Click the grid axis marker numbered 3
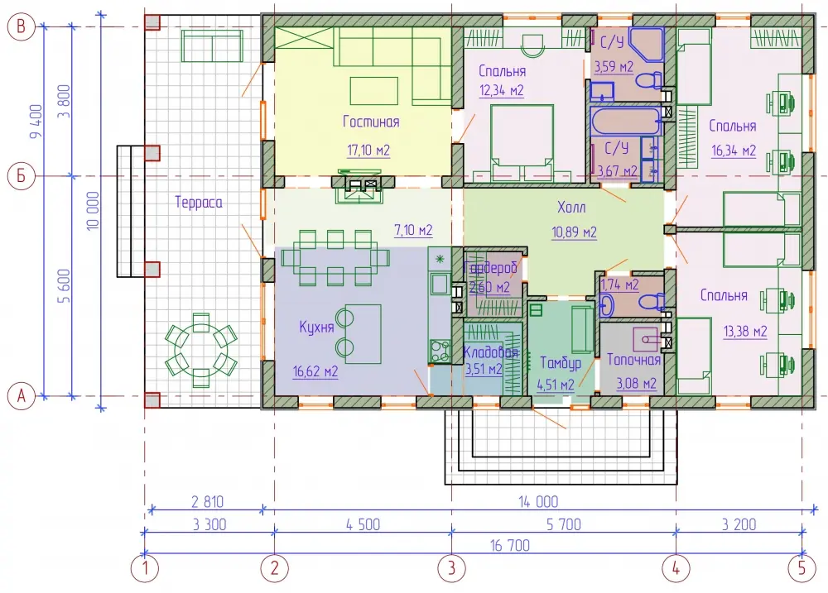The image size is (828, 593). (451, 568)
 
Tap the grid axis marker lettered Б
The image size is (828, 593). (22, 175)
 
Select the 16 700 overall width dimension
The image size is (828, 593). (509, 545)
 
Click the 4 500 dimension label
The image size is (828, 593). (363, 524)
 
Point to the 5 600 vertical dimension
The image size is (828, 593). (64, 285)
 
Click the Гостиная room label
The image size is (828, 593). (371, 122)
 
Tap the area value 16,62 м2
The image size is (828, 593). (315, 371)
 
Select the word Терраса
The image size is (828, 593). (199, 202)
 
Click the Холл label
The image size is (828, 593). (571, 207)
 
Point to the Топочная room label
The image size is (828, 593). (633, 360)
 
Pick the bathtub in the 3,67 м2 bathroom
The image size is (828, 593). (626, 122)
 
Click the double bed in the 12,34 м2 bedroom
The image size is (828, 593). (522, 143)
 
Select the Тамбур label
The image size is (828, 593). (561, 363)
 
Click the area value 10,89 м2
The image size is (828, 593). (574, 232)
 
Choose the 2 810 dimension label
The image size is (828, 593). (207, 501)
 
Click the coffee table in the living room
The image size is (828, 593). (374, 91)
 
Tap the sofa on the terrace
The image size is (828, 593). (212, 45)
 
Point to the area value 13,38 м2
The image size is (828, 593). (744, 332)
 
